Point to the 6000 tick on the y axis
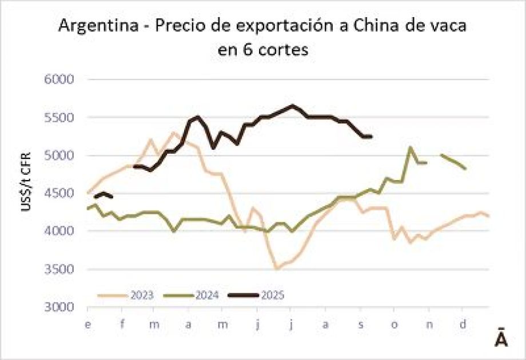tap(60, 79)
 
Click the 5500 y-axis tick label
tap(60, 118)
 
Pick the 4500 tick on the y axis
tap(60, 193)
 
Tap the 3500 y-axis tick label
tap(60, 269)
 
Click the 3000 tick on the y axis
tap(60, 307)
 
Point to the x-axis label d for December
tap(463, 325)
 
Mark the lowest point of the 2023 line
tap(276, 269)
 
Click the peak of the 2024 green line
tap(410, 147)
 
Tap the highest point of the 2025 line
tap(292, 105)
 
